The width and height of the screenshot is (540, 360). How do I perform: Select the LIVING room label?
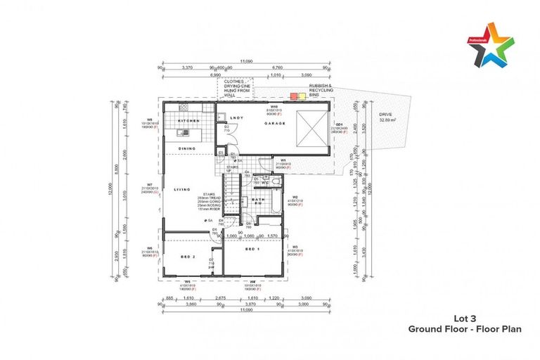[183, 188]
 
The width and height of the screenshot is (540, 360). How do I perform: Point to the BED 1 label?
[252, 250]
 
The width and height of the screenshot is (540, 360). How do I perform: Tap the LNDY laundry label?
[236, 117]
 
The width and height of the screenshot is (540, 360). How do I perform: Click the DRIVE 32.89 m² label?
[388, 117]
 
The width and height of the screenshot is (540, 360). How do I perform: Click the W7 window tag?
[150, 187]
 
